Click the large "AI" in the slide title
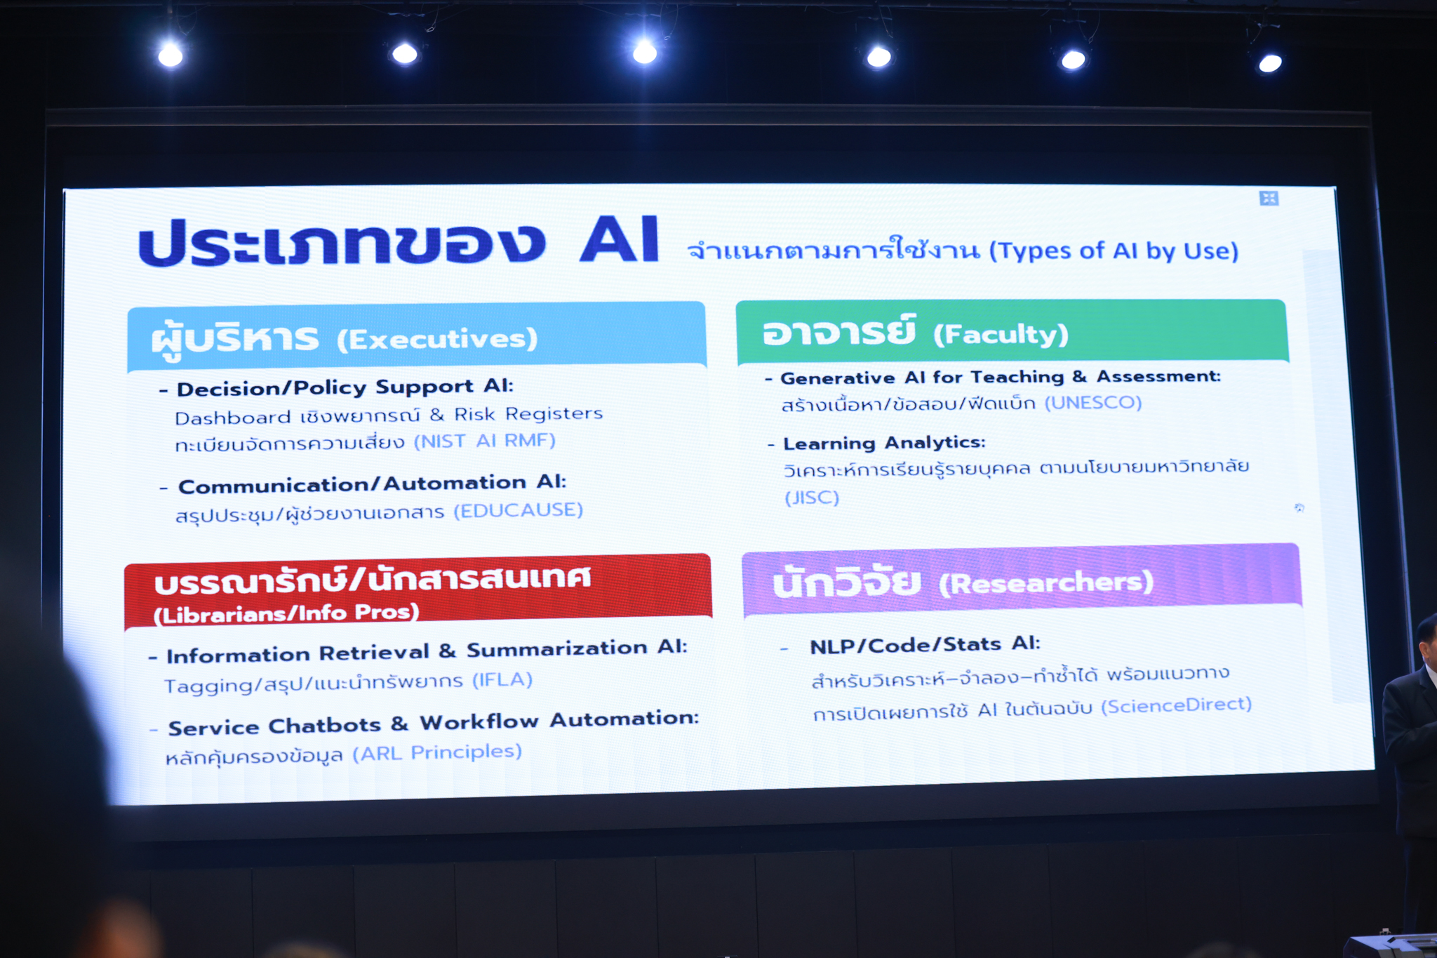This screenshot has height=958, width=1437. pos(620,239)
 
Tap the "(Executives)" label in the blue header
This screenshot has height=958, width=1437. pos(437,340)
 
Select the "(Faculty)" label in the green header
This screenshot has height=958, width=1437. pos(1001,334)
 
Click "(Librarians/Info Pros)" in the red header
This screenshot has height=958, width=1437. pos(286,614)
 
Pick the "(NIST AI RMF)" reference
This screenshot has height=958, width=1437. pos(485,441)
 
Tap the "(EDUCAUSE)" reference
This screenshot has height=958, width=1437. pos(519,510)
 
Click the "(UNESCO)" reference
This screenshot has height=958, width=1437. pos(1093,403)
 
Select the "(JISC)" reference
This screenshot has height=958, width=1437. pos(812,498)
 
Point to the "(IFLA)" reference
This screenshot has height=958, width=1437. pos(502,680)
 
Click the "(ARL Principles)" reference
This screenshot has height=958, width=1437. pos(437,753)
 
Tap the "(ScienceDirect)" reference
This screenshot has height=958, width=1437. pos(1176,705)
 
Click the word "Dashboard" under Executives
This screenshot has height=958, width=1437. pos(232,418)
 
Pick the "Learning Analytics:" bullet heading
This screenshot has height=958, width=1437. pos(884,444)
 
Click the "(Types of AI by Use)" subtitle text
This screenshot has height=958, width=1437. pos(1114,251)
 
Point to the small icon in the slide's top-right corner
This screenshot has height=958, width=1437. pos(1269,199)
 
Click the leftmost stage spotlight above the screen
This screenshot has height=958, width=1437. pos(171,55)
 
